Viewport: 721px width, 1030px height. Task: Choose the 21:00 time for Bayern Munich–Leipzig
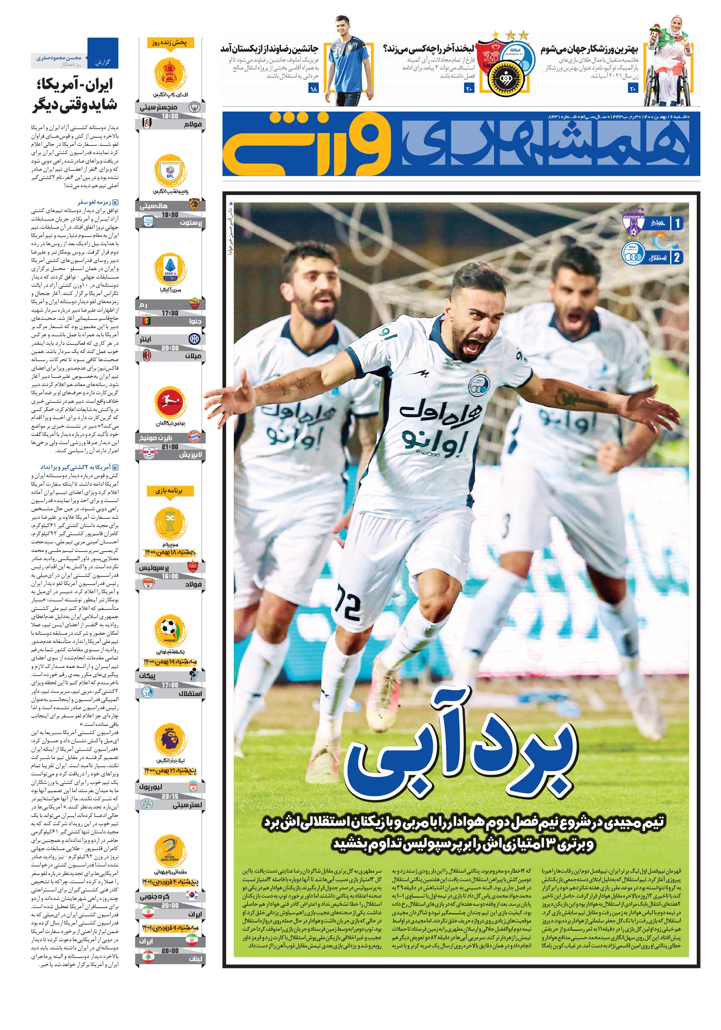[x=170, y=447]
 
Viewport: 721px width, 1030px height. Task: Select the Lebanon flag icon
[x=147, y=959]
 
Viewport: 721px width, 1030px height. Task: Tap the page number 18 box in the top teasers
[x=313, y=89]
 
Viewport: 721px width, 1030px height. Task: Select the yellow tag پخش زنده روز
[x=170, y=43]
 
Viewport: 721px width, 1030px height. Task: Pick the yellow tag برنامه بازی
[x=170, y=491]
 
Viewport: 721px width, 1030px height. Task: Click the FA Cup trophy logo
[x=170, y=74]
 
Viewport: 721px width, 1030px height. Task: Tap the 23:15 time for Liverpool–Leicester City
[x=170, y=797]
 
